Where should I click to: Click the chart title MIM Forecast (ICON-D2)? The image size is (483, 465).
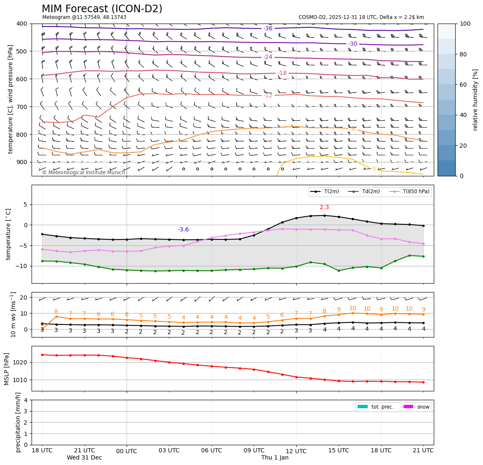click(102, 9)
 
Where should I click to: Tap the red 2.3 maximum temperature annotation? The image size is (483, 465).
click(324, 207)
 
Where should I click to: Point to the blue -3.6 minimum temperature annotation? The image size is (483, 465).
click(183, 230)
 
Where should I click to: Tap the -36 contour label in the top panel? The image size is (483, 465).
click(268, 29)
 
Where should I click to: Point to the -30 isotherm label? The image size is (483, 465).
click(353, 44)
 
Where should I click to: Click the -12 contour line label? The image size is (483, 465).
click(268, 96)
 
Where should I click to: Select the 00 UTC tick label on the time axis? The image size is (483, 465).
click(127, 451)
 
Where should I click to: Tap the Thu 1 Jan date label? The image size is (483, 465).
click(275, 458)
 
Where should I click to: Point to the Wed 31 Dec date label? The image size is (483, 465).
click(84, 458)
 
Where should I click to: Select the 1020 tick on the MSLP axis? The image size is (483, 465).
click(21, 362)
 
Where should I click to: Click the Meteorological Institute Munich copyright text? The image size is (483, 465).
click(83, 173)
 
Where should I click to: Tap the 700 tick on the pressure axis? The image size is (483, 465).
click(21, 107)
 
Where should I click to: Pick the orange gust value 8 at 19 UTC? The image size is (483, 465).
click(56, 312)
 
